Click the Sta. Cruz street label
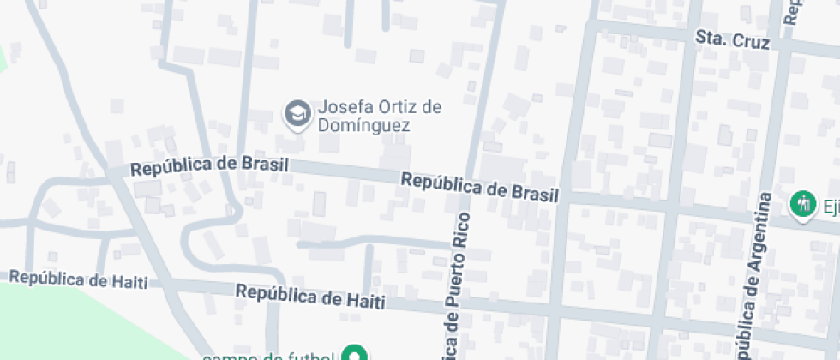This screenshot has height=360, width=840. (x=732, y=39)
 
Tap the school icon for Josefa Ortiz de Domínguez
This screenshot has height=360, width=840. (x=297, y=114)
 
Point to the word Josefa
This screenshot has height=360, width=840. (x=343, y=108)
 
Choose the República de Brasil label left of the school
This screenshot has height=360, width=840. (x=209, y=165)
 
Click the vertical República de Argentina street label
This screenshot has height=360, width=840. (x=750, y=274)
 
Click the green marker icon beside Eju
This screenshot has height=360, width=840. (x=803, y=204)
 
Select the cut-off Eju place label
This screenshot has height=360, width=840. (x=830, y=205)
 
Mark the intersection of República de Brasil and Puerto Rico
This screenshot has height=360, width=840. (x=468, y=180)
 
